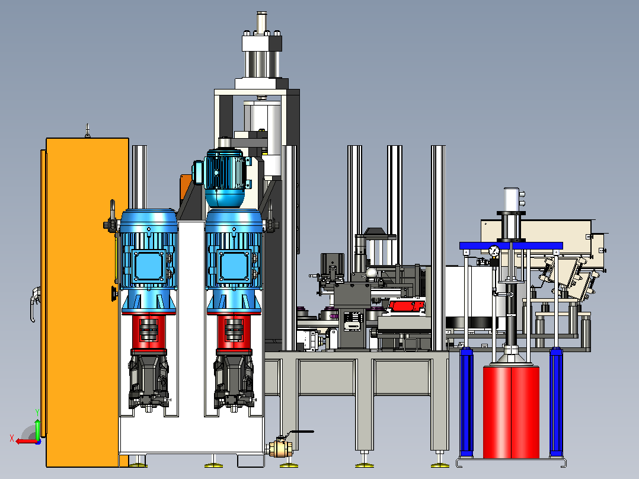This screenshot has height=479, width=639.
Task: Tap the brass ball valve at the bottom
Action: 280,448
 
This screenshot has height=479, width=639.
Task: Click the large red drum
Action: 511,412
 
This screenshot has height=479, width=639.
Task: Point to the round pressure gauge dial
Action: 494,251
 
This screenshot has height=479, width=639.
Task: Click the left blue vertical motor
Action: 148,261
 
